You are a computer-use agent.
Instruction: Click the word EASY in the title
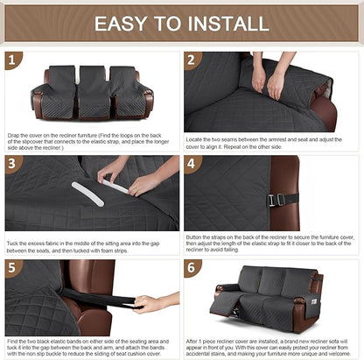129,23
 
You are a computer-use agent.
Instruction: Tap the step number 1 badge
14,60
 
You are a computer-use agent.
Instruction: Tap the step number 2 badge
193,60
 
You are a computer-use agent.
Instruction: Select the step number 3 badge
14,164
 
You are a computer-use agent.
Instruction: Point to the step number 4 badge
193,164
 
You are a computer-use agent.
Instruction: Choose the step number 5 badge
14,267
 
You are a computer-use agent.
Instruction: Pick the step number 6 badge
193,267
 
